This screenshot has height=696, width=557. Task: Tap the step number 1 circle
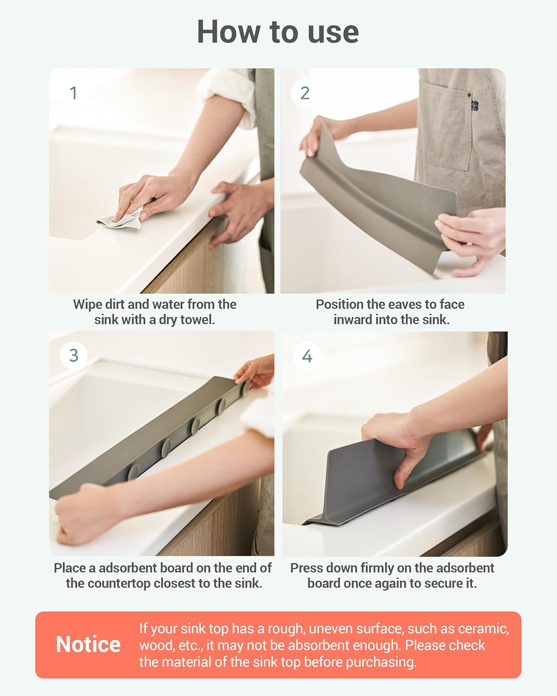(73, 93)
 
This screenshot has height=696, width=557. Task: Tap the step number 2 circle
(304, 93)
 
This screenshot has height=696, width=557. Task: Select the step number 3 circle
(73, 355)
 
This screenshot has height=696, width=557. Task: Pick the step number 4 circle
(307, 356)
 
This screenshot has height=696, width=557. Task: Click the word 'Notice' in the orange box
(88, 644)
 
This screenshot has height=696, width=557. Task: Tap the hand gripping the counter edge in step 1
(237, 209)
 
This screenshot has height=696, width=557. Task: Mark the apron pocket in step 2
(441, 139)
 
